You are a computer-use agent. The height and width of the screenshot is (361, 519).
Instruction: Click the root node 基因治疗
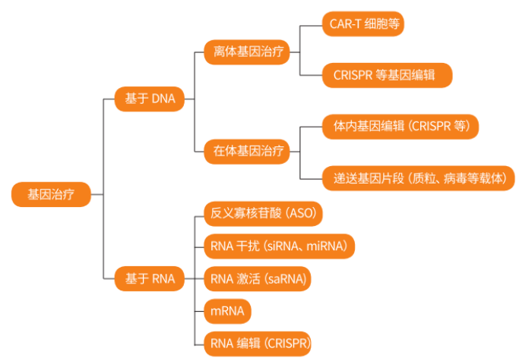tap(51, 193)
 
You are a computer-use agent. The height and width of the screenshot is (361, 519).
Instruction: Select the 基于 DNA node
tap(149, 99)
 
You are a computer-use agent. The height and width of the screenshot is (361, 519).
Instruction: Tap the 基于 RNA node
tap(149, 279)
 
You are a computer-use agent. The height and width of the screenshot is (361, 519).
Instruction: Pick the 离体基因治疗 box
tap(246, 53)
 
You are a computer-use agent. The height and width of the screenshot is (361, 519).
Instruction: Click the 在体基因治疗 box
tap(246, 151)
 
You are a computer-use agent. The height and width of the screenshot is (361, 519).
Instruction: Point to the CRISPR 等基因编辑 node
tap(387, 75)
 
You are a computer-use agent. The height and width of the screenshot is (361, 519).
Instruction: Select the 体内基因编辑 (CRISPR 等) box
tap(400, 126)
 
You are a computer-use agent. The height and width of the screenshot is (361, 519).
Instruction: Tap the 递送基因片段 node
tap(418, 178)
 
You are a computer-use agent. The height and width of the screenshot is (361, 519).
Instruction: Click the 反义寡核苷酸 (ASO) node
tap(263, 212)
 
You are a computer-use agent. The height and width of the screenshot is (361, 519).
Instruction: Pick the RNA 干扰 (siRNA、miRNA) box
tap(278, 246)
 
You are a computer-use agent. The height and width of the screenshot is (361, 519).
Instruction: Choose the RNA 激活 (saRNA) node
tap(258, 278)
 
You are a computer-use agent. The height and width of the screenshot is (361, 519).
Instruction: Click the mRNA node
tap(227, 311)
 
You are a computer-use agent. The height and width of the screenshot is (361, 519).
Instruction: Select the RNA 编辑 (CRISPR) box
tap(258, 344)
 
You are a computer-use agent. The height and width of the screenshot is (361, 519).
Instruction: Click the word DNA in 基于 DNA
tap(163, 99)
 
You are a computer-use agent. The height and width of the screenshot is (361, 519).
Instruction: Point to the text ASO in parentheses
tap(300, 212)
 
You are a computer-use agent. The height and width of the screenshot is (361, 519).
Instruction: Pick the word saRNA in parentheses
tap(286, 278)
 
